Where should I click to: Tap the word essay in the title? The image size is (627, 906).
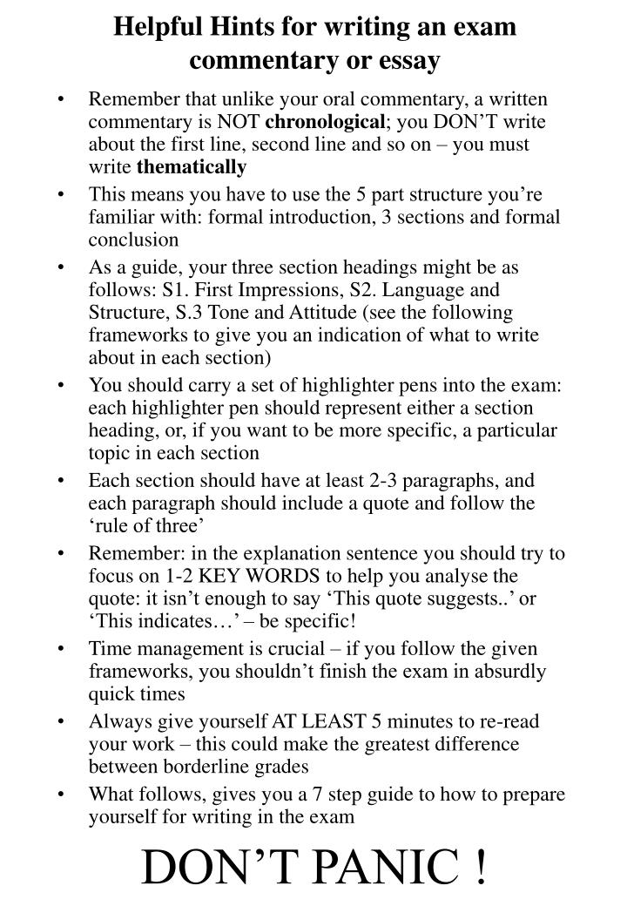tap(409, 61)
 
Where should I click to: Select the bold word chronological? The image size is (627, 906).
tap(324, 122)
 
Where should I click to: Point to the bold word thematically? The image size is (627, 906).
tap(192, 166)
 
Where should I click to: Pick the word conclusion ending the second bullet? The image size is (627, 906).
tap(133, 239)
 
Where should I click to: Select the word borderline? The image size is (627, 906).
tap(219, 767)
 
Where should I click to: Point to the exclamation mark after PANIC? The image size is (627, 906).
tap(480, 868)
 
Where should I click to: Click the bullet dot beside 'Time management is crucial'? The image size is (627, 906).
tap(63, 649)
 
